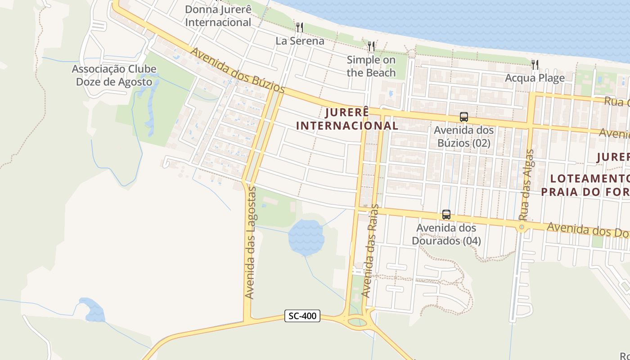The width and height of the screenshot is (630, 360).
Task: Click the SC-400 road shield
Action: pos(302,316)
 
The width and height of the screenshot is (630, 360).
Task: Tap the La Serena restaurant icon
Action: pos(299,27)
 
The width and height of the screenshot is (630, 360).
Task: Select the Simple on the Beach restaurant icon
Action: pos(371,46)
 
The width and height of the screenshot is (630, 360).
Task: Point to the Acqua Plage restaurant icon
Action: pos(535,65)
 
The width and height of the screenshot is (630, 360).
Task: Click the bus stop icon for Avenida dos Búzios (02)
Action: pos(464,117)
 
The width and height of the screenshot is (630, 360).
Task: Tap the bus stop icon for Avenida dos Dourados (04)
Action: pos(446,215)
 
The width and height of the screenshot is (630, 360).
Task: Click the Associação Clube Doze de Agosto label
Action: pos(114,75)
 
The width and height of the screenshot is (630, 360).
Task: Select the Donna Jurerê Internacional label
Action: pos(218,16)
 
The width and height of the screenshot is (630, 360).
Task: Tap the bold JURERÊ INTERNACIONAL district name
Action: pos(347,119)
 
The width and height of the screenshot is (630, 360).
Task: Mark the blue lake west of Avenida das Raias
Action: pos(306,236)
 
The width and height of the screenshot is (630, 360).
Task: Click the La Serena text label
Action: pos(300,41)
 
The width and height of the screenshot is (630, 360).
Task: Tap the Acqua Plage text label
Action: pos(535,78)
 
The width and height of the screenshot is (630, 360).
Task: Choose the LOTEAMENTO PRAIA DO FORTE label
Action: pos(585,185)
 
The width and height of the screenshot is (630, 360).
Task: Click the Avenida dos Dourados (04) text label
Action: pos(446,234)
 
